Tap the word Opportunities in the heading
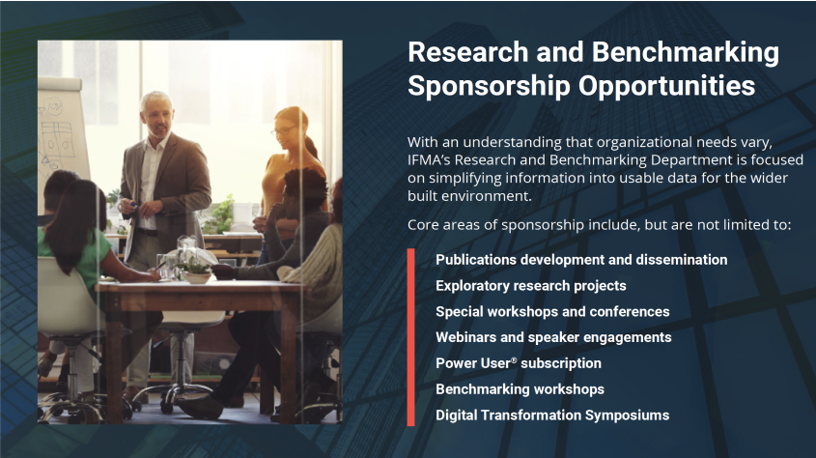click(666, 87)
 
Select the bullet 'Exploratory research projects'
click(531, 286)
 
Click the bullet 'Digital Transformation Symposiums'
click(552, 415)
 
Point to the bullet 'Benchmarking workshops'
click(520, 389)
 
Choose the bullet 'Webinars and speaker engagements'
click(553, 337)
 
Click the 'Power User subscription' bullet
click(519, 363)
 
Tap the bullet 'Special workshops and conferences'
click(552, 312)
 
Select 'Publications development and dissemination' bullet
click(581, 260)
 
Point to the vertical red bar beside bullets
click(411, 337)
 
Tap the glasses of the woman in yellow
click(283, 130)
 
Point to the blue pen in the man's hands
click(131, 204)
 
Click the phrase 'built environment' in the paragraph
click(468, 196)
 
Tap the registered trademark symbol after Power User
click(514, 360)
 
